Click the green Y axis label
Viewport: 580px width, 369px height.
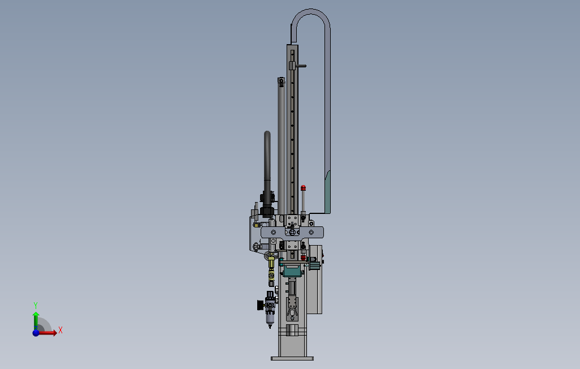point(36,306)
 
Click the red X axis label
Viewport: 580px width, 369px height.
point(60,330)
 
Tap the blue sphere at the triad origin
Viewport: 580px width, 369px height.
point(36,333)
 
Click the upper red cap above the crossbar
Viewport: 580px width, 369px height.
point(304,188)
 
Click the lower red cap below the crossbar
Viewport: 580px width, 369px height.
point(304,257)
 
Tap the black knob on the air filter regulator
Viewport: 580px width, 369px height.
point(261,305)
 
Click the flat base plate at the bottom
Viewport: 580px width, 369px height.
point(292,358)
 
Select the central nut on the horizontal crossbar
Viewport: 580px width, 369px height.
point(292,232)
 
